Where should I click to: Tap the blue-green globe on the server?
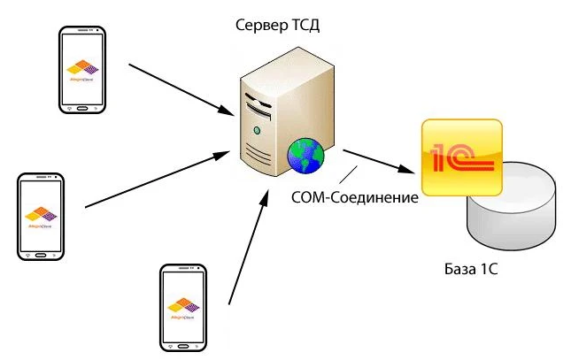[305, 157]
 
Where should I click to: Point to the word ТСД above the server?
[304, 25]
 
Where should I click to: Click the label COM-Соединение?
[354, 197]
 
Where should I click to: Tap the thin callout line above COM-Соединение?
[354, 173]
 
